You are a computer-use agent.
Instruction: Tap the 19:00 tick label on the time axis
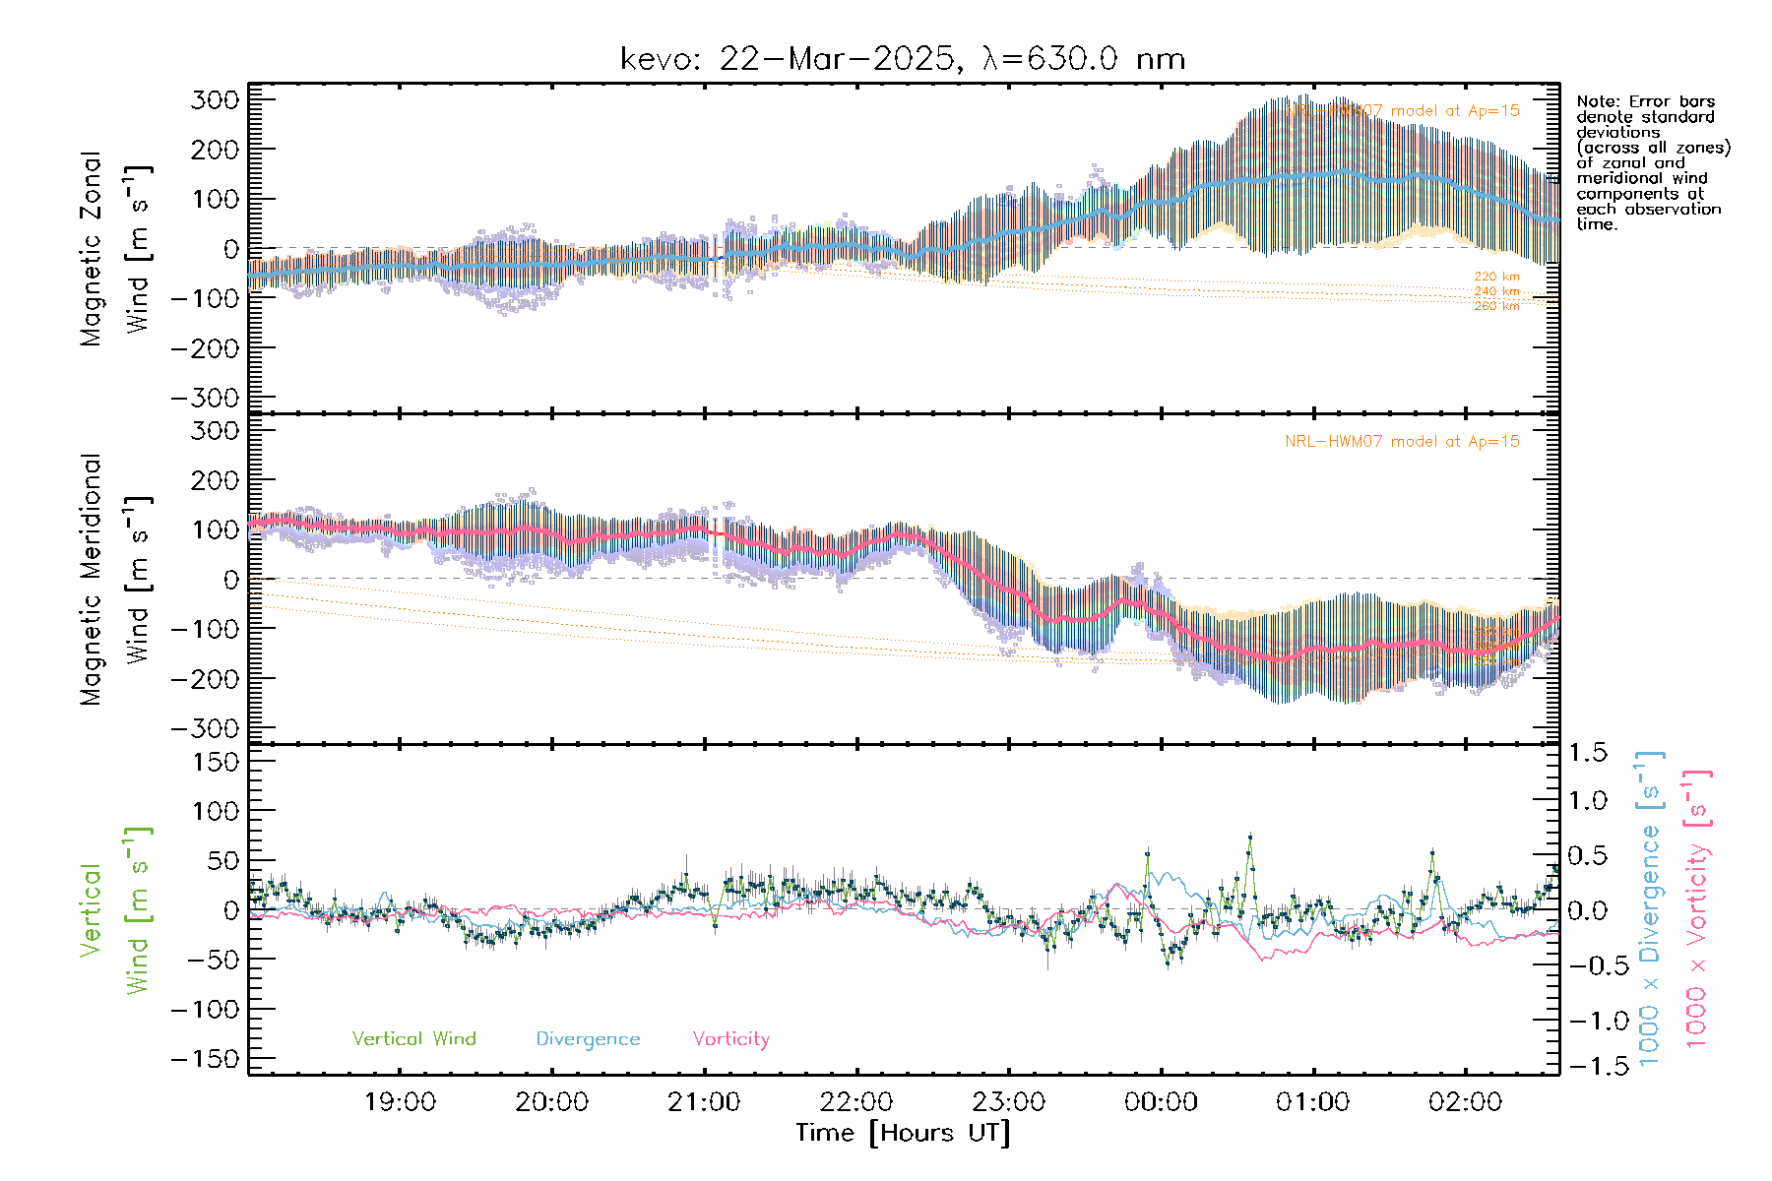tap(400, 1102)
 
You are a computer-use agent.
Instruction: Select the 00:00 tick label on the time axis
tap(1161, 1102)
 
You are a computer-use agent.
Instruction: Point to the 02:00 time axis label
tap(1465, 1102)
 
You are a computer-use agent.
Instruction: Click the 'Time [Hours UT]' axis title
tap(903, 1133)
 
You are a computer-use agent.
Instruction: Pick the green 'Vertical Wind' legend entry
tap(413, 1039)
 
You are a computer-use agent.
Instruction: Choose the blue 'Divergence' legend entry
tap(588, 1039)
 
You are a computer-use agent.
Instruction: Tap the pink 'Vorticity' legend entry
tap(730, 1039)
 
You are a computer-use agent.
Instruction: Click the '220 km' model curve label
tap(1496, 277)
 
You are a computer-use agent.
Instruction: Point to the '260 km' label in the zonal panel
tap(1496, 306)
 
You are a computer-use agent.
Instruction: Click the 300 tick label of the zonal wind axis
tap(215, 100)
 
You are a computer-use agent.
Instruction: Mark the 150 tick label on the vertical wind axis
tap(215, 762)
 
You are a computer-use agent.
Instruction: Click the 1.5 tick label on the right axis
tap(1587, 753)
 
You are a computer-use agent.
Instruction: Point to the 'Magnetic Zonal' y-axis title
tap(92, 249)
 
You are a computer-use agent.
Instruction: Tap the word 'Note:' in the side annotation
tap(1596, 101)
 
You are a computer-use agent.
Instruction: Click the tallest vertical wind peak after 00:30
tap(1250, 838)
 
